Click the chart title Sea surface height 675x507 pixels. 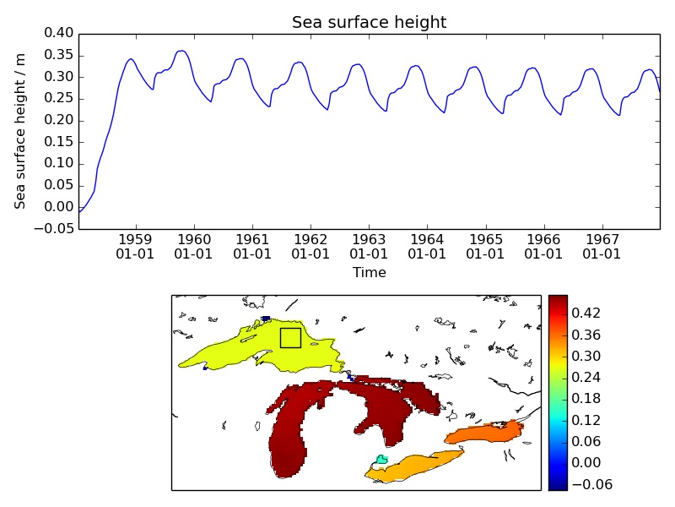coord(369,22)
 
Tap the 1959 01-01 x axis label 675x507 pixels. coord(135,246)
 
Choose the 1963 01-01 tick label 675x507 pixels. coord(369,246)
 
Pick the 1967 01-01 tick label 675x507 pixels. coord(602,246)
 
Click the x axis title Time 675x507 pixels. coord(369,273)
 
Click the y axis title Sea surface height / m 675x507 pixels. coord(20,131)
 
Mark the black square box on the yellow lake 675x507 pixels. coord(290,337)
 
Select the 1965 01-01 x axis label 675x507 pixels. coord(485,246)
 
